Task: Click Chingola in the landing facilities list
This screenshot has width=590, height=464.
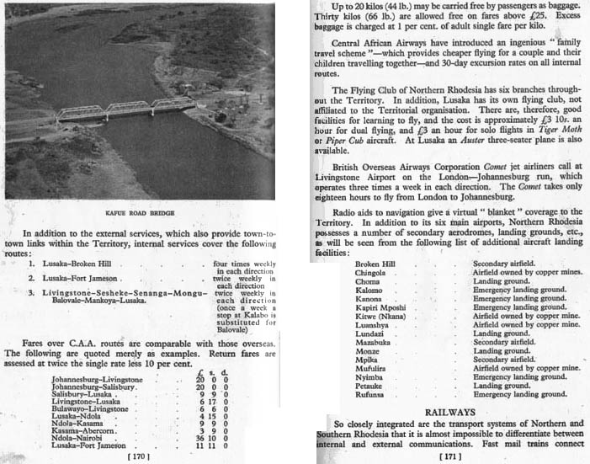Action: point(371,272)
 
